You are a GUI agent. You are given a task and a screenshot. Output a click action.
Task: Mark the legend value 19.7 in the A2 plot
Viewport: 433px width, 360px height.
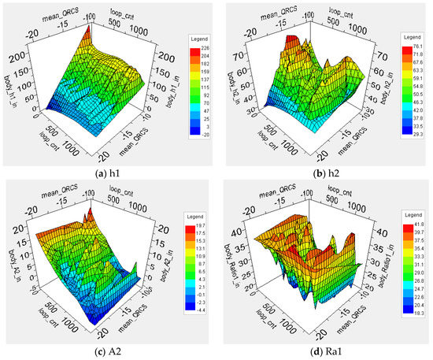(205, 227)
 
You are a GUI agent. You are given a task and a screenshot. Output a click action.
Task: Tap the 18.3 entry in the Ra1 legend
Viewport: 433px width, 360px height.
(417, 313)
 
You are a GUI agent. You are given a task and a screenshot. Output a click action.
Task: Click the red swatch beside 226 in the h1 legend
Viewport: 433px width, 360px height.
(193, 46)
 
